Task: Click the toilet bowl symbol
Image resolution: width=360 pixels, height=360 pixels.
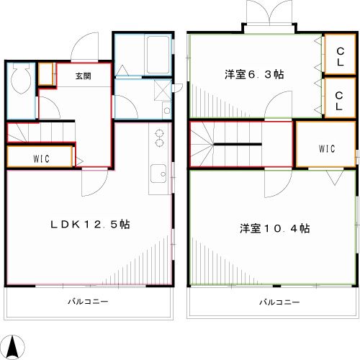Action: pos(21,77)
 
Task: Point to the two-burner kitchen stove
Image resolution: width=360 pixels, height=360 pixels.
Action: pos(158,138)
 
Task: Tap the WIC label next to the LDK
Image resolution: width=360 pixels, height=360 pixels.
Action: pos(40,158)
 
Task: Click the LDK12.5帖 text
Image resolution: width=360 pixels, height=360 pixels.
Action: pos(89,225)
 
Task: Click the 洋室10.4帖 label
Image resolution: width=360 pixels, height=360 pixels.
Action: pos(275,228)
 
